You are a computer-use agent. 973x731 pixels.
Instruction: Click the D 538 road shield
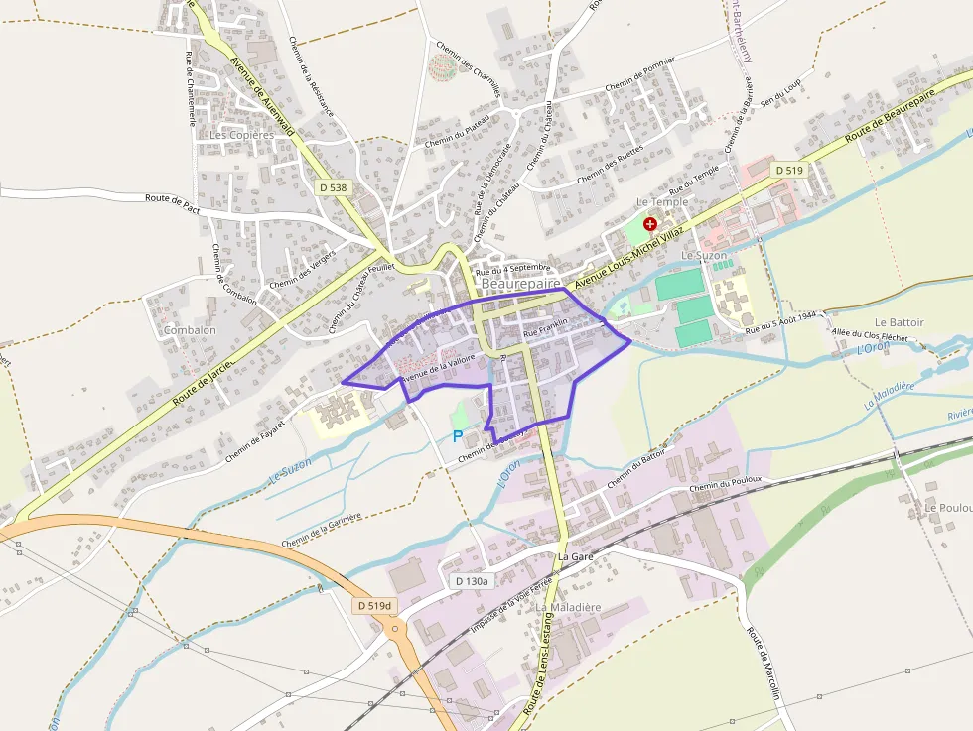click(x=336, y=186)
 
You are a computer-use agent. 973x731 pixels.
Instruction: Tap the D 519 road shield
click(x=788, y=171)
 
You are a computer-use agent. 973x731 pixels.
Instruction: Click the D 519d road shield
click(x=374, y=605)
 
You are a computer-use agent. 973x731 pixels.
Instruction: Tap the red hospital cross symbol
click(x=650, y=224)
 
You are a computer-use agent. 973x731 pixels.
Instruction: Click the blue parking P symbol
click(x=458, y=435)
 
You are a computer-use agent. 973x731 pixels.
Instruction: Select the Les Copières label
click(x=241, y=134)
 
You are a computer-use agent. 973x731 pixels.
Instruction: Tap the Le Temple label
click(x=662, y=202)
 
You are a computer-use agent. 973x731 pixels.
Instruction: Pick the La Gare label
click(x=575, y=557)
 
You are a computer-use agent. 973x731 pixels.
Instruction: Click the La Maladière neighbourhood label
click(x=569, y=606)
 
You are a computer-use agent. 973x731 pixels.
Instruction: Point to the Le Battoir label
click(x=900, y=322)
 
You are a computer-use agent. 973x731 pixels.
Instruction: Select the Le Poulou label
click(x=947, y=507)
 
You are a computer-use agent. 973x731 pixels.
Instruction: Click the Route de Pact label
click(x=173, y=199)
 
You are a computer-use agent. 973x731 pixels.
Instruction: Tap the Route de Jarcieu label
click(x=202, y=387)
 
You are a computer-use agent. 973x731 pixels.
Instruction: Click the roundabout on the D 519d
click(x=395, y=628)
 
